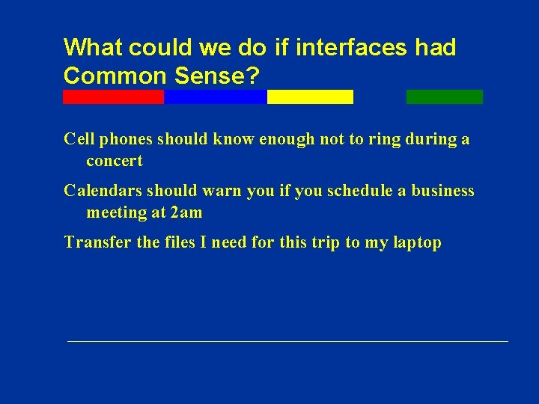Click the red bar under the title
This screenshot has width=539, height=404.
tap(113, 97)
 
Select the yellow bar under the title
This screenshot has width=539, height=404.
tap(310, 97)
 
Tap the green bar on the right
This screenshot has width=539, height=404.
tap(444, 97)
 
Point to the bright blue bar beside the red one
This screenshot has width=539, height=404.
tap(215, 97)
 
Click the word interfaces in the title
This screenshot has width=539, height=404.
tap(352, 48)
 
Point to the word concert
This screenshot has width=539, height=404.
tap(115, 161)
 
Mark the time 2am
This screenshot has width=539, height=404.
tap(186, 212)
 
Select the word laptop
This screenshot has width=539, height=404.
tap(416, 243)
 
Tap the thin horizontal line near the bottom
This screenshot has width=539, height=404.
tap(287, 341)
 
